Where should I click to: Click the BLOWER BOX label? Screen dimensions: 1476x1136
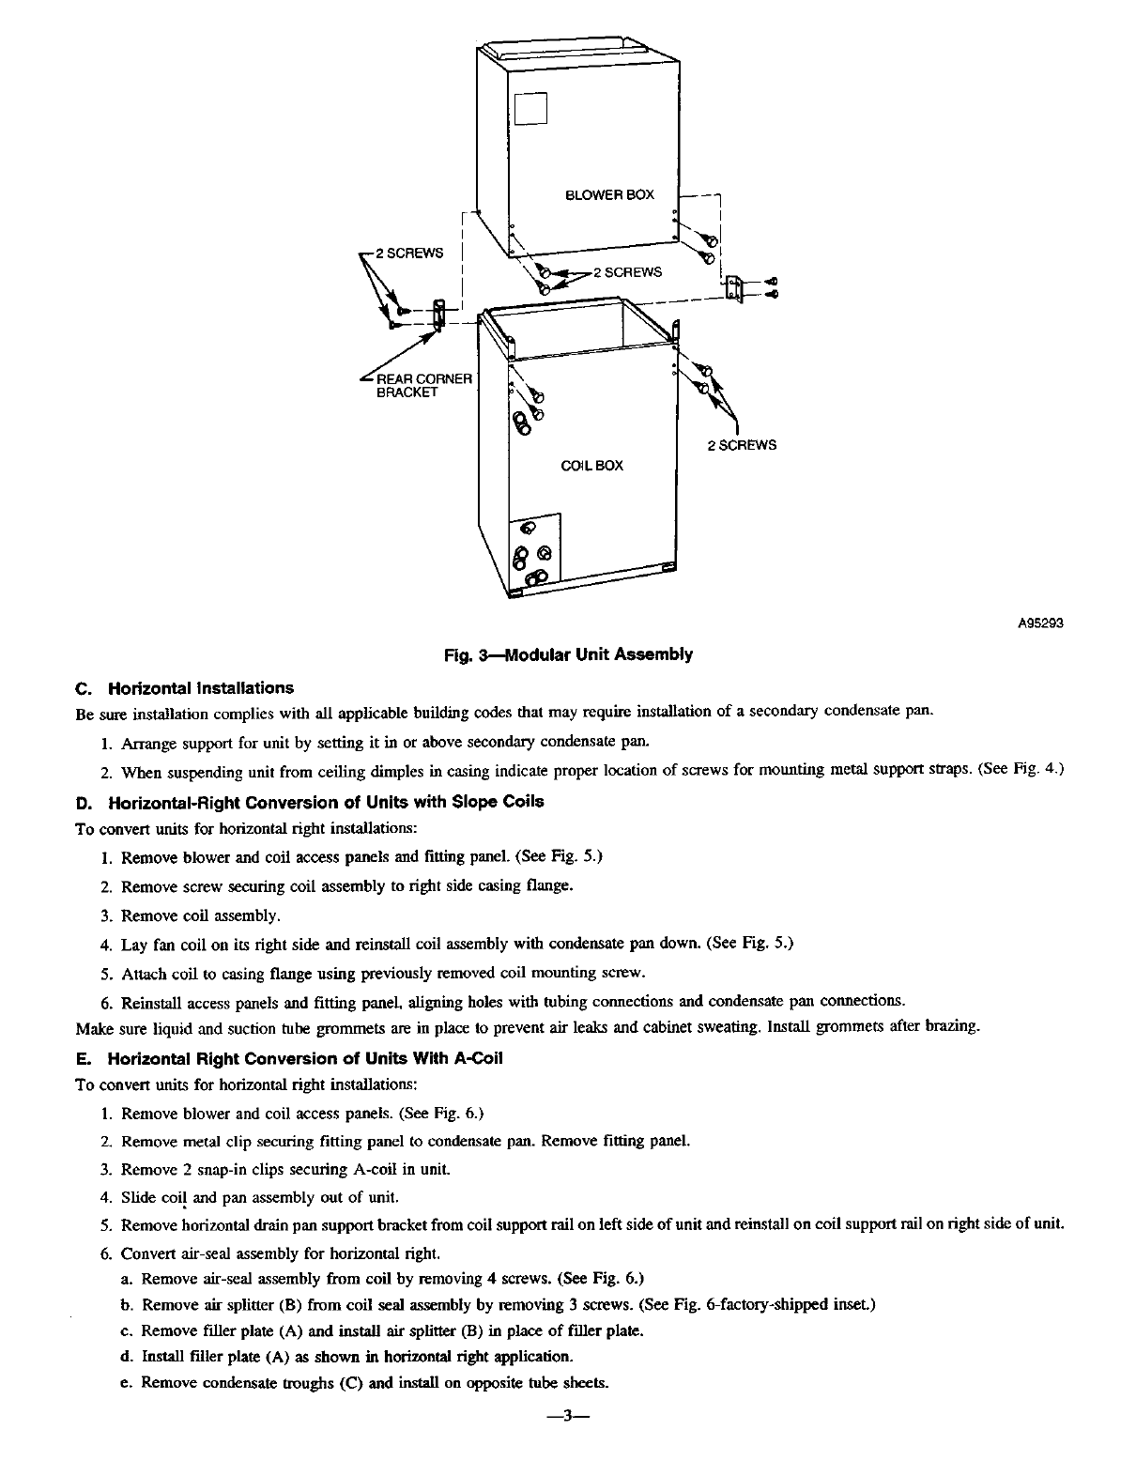(x=608, y=195)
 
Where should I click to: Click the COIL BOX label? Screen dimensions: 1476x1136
(x=591, y=466)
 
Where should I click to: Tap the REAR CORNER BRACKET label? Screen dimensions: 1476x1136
(x=423, y=386)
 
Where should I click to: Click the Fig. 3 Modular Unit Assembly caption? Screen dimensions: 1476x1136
(x=568, y=655)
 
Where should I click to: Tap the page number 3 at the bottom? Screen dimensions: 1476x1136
(x=566, y=1438)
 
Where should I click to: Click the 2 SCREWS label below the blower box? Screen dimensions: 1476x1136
(x=632, y=272)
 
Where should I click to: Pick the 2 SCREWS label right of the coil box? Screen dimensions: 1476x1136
(x=742, y=445)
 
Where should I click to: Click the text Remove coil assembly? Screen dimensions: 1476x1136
(x=201, y=915)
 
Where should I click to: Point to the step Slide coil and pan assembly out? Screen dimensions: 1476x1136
(x=260, y=1197)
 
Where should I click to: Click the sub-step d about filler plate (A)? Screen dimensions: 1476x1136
(x=356, y=1357)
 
